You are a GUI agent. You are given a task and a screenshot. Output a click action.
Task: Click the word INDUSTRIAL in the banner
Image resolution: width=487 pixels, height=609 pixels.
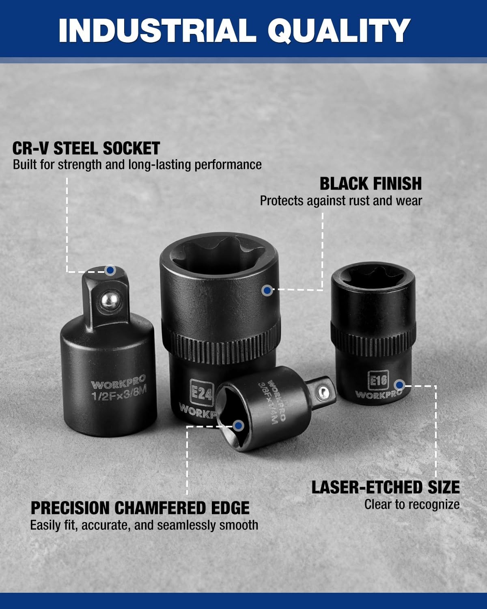pos(157,30)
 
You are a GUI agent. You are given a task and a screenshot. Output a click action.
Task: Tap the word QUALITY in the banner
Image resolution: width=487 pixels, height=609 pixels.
pos(339,31)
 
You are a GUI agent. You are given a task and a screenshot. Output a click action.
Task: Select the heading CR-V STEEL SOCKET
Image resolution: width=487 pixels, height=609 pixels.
pos(86,148)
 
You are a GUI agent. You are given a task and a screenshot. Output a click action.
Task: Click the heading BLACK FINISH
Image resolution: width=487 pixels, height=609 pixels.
pos(371,184)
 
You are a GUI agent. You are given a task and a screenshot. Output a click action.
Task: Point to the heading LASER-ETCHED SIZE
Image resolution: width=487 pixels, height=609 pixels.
pos(386,487)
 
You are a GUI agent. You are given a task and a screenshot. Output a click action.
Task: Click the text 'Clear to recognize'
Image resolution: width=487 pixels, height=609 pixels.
pos(412,505)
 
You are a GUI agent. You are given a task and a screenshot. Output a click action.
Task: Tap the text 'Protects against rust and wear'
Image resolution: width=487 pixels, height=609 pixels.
pos(341,201)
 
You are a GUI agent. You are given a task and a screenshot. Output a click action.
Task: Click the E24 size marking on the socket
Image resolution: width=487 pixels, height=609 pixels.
pos(201,393)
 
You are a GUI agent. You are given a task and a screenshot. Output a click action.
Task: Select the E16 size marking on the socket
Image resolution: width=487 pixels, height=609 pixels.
pos(378,380)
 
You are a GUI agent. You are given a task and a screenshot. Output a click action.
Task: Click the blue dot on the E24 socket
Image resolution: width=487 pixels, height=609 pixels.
pos(267,290)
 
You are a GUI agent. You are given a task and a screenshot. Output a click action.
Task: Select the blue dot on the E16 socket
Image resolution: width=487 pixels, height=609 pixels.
pos(399,385)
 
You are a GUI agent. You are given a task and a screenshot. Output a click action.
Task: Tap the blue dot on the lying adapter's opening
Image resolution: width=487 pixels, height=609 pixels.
pos(239,425)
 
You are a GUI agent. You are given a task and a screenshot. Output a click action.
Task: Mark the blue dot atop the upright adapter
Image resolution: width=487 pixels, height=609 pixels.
pos(110,270)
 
